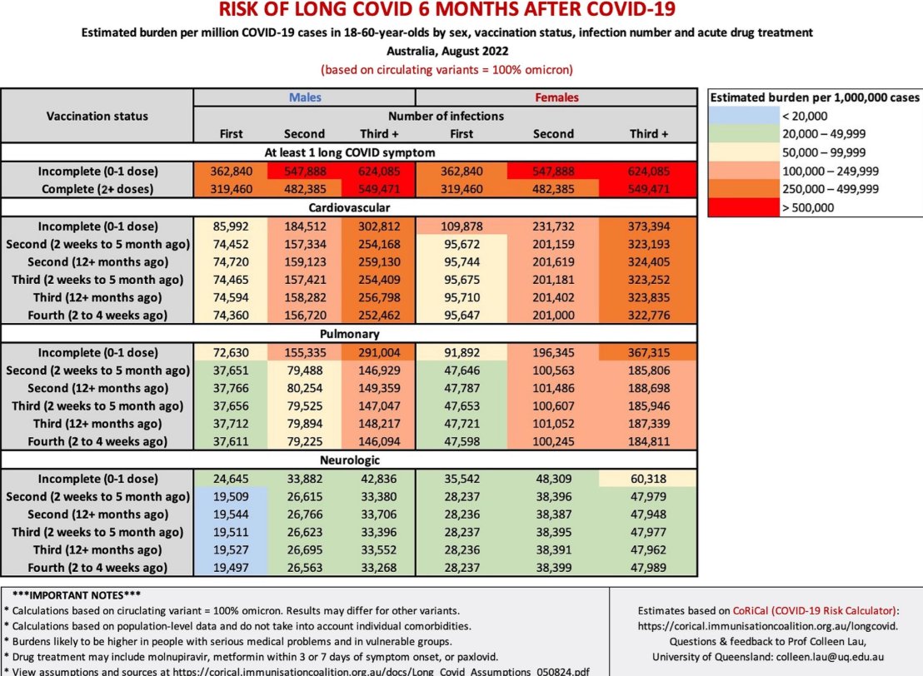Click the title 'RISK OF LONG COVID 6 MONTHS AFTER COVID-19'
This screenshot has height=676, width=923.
tap(447, 11)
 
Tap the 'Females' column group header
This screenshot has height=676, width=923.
tap(556, 97)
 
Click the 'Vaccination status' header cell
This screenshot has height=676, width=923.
tap(97, 116)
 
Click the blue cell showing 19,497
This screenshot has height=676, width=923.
tap(231, 567)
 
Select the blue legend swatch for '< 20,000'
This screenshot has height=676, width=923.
tap(741, 116)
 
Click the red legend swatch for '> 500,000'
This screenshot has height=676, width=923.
tap(741, 206)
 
